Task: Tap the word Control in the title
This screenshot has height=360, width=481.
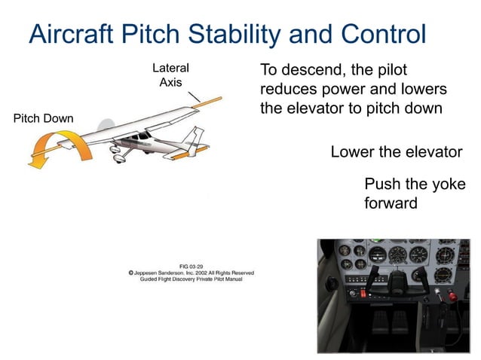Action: [384, 34]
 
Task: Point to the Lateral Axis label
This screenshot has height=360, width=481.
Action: [170, 75]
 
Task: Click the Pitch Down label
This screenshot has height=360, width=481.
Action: [44, 118]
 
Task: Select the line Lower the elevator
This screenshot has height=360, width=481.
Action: [396, 152]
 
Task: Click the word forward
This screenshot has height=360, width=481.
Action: [391, 203]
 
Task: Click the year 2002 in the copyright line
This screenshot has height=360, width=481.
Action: [203, 272]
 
